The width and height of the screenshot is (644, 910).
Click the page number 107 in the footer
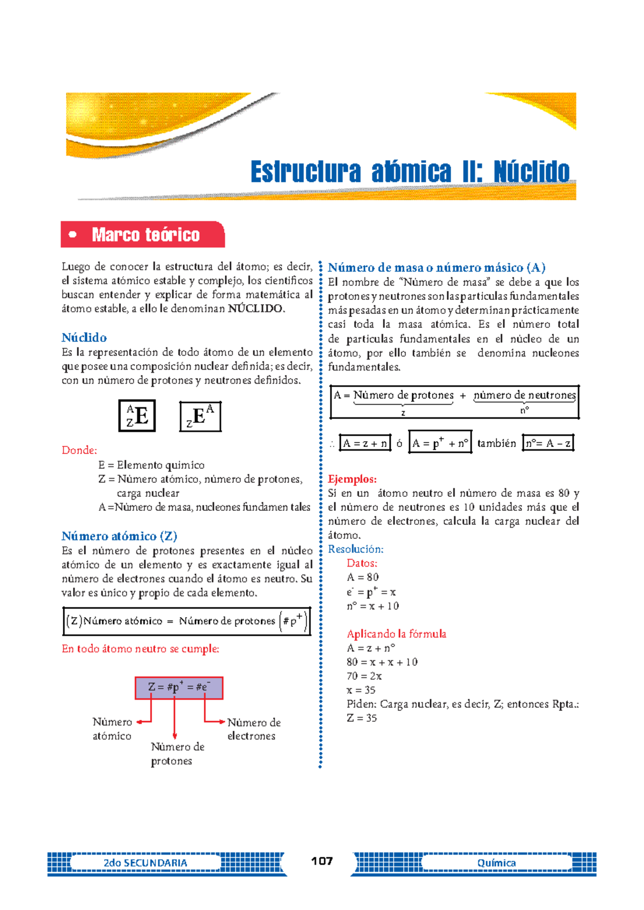pos(322,861)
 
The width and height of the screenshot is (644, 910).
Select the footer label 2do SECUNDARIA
pos(145,863)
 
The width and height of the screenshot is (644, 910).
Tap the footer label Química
pos(496,863)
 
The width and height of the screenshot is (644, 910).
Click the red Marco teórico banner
pos(143,234)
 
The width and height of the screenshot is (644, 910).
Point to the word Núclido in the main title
pos(531,172)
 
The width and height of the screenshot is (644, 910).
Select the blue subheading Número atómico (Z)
pos(119,536)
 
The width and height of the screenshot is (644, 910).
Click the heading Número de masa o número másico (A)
pos(436,268)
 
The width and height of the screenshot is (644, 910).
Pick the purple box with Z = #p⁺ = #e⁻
pos(179,687)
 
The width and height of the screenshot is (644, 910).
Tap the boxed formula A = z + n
pos(365,443)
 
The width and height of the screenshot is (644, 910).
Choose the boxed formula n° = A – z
pos(548,443)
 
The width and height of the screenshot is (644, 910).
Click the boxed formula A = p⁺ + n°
pos(440,443)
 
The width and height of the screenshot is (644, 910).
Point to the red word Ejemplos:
pos(352,479)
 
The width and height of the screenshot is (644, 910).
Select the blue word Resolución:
pos(355,549)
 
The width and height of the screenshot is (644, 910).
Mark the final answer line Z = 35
pos(362,718)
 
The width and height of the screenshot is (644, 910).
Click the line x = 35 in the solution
pos(361,690)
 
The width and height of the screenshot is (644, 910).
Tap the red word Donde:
pos(79,450)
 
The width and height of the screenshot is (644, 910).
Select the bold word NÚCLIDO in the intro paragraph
pos(257,309)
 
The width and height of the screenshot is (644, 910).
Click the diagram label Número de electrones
pos(253,729)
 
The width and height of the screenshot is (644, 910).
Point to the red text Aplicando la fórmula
pos(396,634)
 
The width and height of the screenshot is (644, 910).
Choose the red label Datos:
pos(362,563)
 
